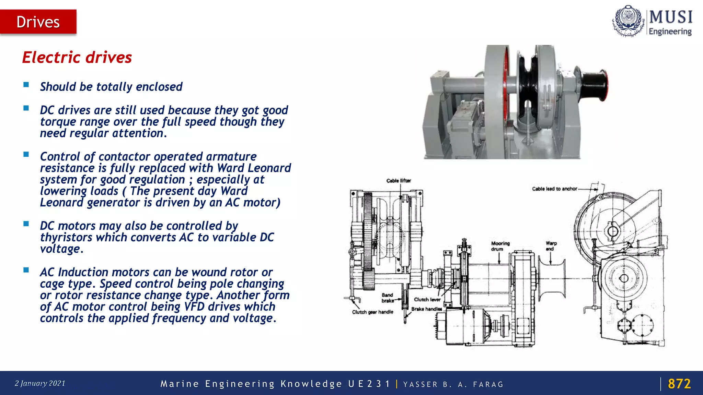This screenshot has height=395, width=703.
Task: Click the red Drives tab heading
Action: point(38,22)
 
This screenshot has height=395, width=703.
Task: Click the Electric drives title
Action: point(77,57)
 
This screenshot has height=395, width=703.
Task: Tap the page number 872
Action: point(679,384)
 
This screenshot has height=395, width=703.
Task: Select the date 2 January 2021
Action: point(40,383)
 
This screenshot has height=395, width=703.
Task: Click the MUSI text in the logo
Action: point(671,17)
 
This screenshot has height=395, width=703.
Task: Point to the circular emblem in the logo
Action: point(627,21)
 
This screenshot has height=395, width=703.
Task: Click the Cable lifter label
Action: point(399,181)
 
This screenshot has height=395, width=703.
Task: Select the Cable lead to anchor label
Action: point(554,189)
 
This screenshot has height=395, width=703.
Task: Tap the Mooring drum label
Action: point(500,246)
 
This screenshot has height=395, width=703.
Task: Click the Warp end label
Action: point(551,246)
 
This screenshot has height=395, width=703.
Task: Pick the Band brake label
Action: point(388,298)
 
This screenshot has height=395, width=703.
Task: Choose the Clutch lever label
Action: point(427,299)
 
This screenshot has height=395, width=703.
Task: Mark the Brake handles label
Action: point(427,309)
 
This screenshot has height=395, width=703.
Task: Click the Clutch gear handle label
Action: point(372,312)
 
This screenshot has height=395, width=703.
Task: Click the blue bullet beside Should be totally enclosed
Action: point(26,85)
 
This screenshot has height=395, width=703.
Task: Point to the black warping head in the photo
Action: point(592,84)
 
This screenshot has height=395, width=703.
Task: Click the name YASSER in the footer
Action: point(420,384)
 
